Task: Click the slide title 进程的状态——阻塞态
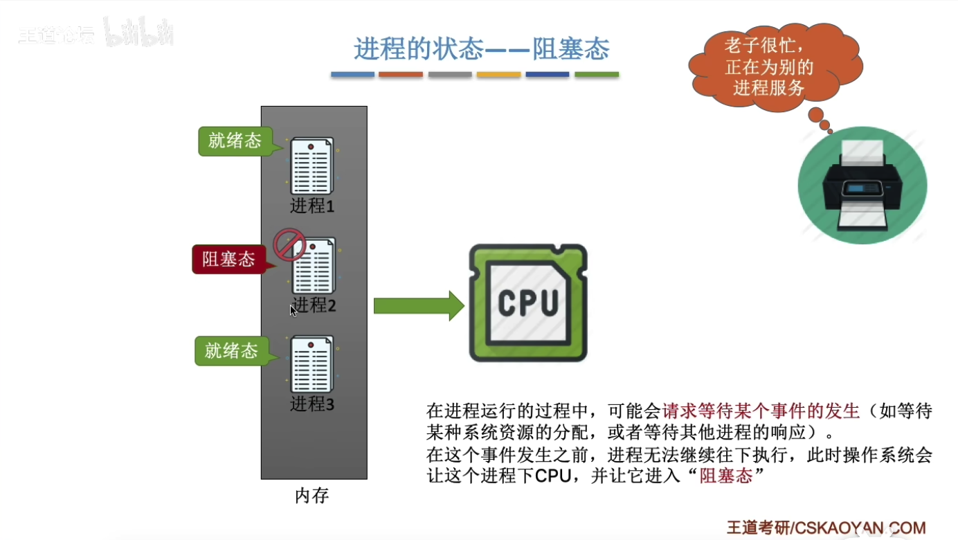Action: (x=481, y=49)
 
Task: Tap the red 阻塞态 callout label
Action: (x=228, y=260)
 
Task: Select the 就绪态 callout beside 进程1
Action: (x=235, y=141)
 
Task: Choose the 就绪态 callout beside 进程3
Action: (x=231, y=351)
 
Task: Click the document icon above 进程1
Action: (x=311, y=166)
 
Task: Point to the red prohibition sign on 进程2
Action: (x=289, y=244)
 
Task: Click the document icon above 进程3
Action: (x=311, y=364)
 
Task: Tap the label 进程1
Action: (x=312, y=206)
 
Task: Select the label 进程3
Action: (x=312, y=404)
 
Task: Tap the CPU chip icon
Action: (x=528, y=303)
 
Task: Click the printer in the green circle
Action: (x=862, y=186)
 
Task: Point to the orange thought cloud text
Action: (x=768, y=67)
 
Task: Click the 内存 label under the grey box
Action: (x=312, y=496)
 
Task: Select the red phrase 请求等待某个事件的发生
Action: (x=761, y=411)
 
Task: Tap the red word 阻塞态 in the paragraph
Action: (x=725, y=476)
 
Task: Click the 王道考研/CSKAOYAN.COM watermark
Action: (x=826, y=528)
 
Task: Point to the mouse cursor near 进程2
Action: (x=293, y=311)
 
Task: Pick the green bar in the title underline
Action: (x=597, y=74)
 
